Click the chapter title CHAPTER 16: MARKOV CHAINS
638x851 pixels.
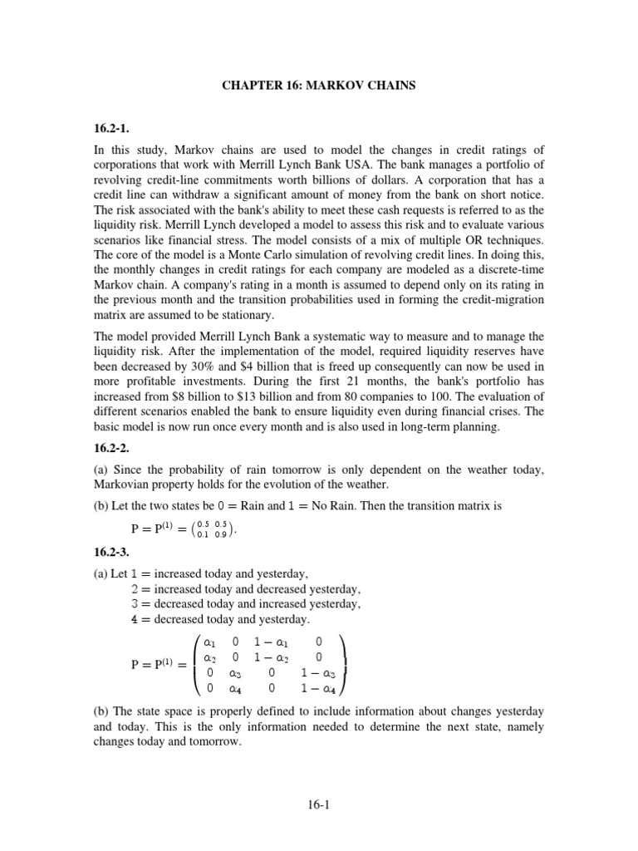point(319,84)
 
